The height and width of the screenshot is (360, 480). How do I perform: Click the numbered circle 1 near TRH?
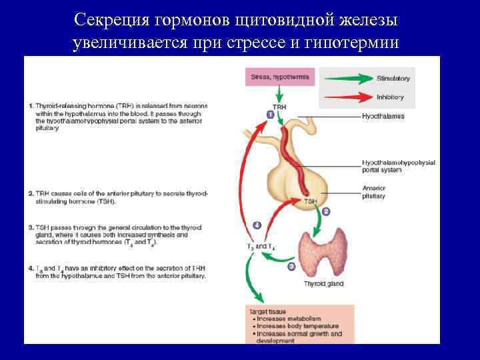(x=270, y=115)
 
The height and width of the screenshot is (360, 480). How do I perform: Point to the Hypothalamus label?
(x=383, y=116)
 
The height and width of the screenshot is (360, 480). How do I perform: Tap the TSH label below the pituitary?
(x=310, y=201)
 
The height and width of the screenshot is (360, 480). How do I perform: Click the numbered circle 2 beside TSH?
(x=326, y=211)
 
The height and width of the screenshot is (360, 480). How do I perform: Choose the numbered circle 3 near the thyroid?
(x=291, y=267)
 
